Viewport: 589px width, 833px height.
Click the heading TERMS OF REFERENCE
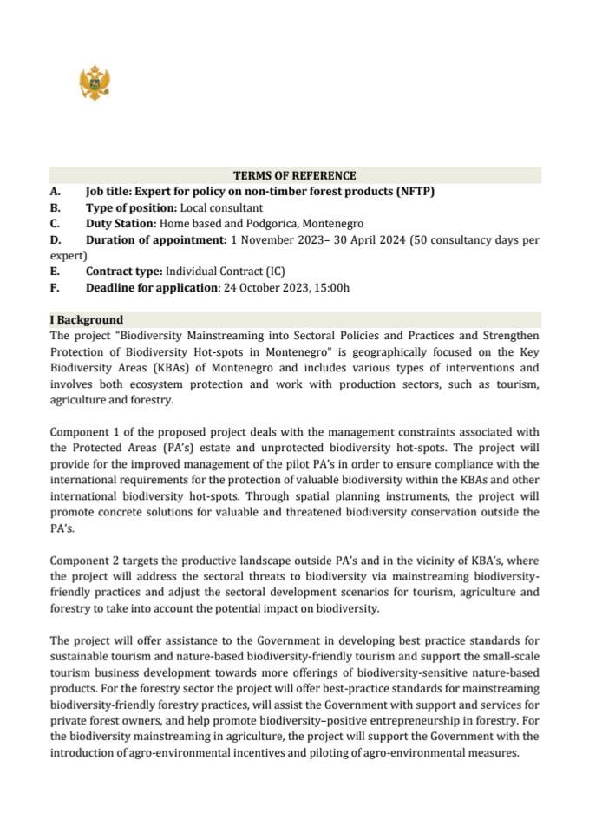click(x=295, y=175)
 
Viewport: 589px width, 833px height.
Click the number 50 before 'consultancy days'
click(x=419, y=239)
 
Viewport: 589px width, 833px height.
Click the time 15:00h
click(x=330, y=287)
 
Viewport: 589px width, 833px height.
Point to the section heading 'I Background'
click(x=87, y=319)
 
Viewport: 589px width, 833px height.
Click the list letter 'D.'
click(x=56, y=239)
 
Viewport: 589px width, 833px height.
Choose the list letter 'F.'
click(x=55, y=287)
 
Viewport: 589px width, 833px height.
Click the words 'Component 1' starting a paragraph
click(x=83, y=431)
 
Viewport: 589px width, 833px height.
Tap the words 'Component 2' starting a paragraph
click(x=83, y=561)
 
